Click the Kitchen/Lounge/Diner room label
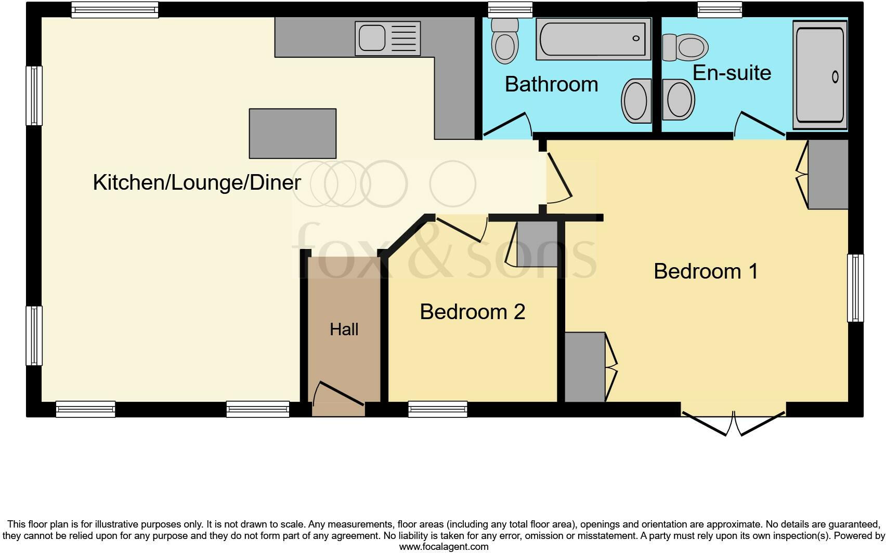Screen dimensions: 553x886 tap(197, 182)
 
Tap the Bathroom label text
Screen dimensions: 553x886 tap(551, 84)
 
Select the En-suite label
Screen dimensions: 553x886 tap(732, 73)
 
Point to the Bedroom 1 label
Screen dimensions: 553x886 tap(706, 271)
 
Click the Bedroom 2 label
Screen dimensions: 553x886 tap(472, 312)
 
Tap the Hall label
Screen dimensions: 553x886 tap(344, 330)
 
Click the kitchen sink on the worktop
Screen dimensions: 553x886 tap(387, 38)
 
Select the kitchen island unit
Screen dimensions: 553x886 tap(292, 134)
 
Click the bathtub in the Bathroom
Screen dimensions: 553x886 tap(593, 39)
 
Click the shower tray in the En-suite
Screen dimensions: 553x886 tap(820, 75)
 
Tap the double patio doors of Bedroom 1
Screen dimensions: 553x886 tap(733, 422)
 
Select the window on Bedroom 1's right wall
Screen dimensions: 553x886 tap(855, 287)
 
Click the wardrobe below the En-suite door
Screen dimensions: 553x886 tap(827, 174)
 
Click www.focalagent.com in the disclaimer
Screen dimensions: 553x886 tap(443, 547)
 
